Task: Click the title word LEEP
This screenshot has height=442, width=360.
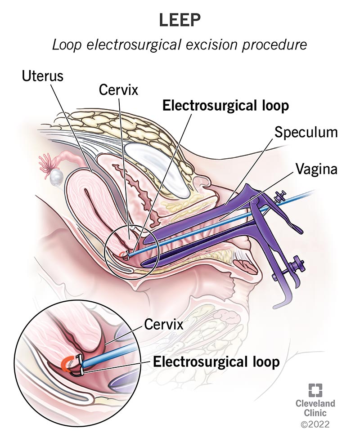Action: tap(180, 20)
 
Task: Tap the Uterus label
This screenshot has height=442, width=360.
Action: tap(43, 76)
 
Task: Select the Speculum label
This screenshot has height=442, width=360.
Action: tap(306, 133)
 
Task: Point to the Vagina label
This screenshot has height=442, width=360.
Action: tap(316, 169)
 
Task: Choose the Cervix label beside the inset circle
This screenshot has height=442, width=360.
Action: tap(164, 325)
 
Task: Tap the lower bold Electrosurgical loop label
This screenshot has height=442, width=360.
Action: tap(216, 362)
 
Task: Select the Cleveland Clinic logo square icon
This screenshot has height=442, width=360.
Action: tap(315, 389)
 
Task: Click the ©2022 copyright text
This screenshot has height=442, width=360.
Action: tap(315, 424)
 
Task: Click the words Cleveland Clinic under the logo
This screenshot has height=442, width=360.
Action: tap(315, 408)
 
